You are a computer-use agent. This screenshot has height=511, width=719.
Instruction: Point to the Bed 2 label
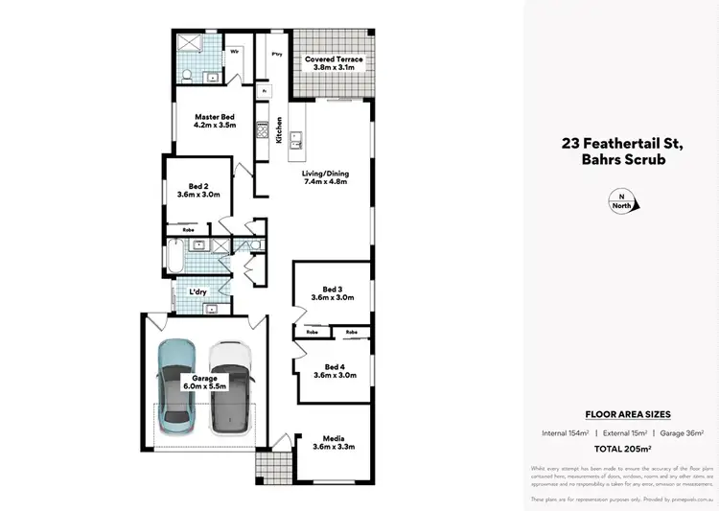[x=198, y=189]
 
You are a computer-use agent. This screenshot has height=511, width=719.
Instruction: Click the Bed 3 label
[x=332, y=292]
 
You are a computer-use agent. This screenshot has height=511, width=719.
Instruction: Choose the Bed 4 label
[x=335, y=370]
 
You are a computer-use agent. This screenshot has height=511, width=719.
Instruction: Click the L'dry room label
[x=198, y=290]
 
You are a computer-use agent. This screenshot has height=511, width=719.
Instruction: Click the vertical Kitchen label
[x=279, y=129]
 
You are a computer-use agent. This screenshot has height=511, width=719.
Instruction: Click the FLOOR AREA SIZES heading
[x=628, y=414]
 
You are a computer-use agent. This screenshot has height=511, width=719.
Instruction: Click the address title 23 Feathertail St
[x=620, y=144]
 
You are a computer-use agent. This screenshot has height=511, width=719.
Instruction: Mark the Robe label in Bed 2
[x=189, y=230]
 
